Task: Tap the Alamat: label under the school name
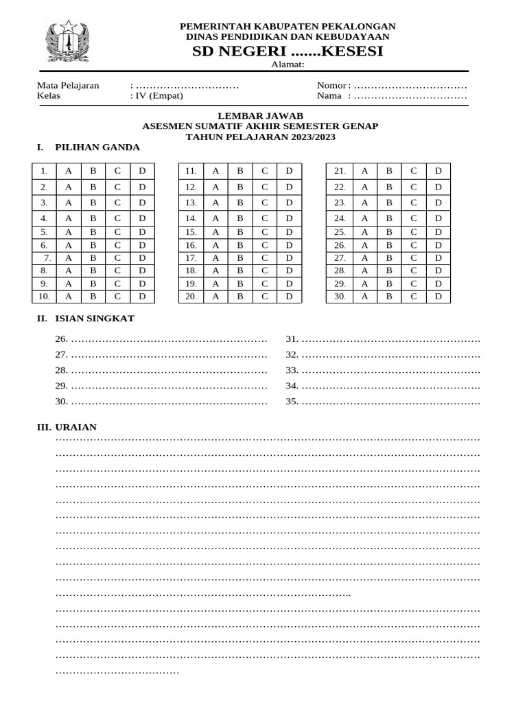(288, 65)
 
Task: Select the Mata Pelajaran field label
(68, 85)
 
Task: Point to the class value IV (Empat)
(159, 96)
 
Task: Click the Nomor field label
(333, 85)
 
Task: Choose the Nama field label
(329, 96)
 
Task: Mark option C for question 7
(117, 257)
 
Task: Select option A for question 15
(215, 232)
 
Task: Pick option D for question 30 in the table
(438, 297)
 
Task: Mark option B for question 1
(93, 170)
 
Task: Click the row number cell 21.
(339, 170)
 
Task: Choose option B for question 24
(389, 218)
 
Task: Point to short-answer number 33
(292, 371)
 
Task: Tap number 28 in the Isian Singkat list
(61, 371)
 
